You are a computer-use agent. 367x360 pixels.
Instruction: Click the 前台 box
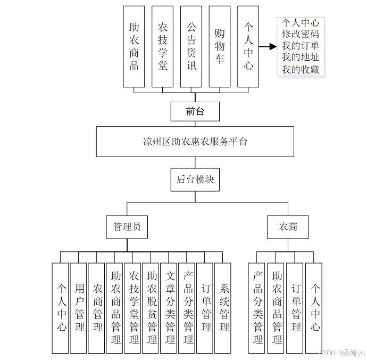(x=195, y=111)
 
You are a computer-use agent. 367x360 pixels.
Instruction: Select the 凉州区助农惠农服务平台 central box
(x=195, y=142)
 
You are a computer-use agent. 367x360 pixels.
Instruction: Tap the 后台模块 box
(x=195, y=179)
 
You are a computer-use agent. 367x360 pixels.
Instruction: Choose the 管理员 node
(x=127, y=227)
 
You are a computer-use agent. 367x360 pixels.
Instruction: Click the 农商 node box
(x=288, y=227)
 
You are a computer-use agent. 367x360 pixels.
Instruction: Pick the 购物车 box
(x=220, y=46)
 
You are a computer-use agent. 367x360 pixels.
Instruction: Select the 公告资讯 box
(x=191, y=46)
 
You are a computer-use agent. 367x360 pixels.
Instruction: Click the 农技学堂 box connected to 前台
(x=162, y=46)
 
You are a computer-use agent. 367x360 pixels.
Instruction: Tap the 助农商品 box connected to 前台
(x=134, y=46)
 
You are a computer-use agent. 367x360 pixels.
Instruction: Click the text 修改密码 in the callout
(x=301, y=34)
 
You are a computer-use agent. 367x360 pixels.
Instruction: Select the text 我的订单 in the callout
(x=301, y=46)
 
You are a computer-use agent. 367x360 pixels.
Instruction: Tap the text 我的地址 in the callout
(x=301, y=58)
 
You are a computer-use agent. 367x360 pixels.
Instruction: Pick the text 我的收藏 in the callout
(x=301, y=69)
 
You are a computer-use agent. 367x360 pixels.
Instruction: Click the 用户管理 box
(x=79, y=308)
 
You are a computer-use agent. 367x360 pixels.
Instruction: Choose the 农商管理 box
(x=97, y=308)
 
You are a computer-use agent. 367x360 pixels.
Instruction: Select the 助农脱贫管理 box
(x=152, y=308)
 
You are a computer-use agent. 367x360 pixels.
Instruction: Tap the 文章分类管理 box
(x=170, y=308)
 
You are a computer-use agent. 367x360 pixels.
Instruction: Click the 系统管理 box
(x=224, y=308)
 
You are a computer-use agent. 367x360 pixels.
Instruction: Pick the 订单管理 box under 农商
(x=296, y=308)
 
